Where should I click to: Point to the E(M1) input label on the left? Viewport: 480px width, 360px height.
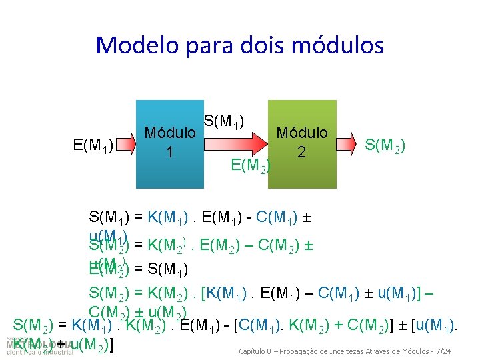click(93, 145)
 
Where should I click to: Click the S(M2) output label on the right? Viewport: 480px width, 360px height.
click(385, 145)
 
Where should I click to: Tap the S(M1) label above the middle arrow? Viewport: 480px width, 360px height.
click(224, 121)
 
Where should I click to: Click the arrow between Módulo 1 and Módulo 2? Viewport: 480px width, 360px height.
click(235, 143)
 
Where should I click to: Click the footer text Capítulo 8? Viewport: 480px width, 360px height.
click(256, 351)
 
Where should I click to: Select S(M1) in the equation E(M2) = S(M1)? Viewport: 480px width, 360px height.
click(168, 269)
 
